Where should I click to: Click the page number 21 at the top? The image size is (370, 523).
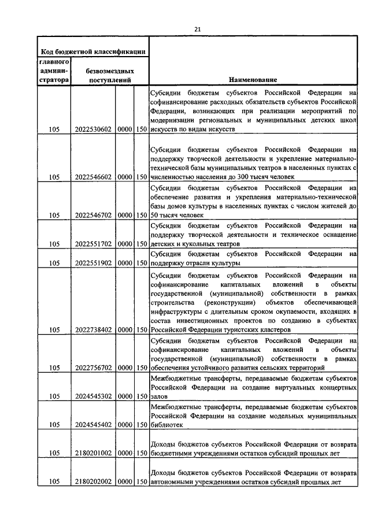pyautogui.click(x=197, y=29)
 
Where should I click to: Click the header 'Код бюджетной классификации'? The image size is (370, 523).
pyautogui.click(x=92, y=51)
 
